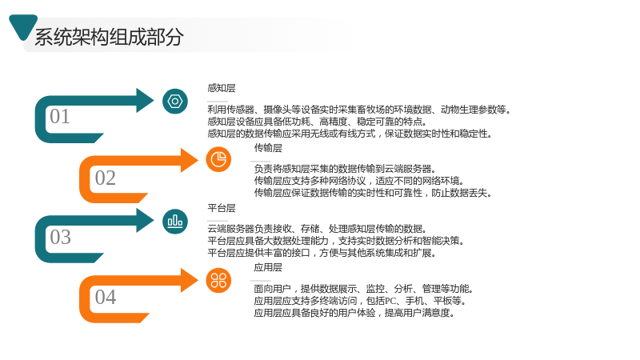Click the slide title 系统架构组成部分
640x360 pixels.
click(109, 37)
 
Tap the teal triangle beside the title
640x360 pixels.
click(23, 26)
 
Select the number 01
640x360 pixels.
click(60, 116)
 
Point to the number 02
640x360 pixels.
click(106, 178)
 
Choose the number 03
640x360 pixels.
click(61, 237)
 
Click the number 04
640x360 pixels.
click(106, 297)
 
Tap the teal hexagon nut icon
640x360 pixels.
click(175, 102)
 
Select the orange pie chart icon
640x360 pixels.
click(218, 159)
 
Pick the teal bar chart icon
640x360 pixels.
click(175, 222)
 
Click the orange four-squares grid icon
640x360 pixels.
click(218, 281)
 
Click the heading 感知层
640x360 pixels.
click(222, 88)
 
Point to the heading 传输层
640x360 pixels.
click(268, 148)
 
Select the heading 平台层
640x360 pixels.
click(222, 208)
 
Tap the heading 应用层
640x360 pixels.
click(268, 267)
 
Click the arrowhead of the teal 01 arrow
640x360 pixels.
click(145, 100)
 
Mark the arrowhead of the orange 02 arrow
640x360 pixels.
click(189, 160)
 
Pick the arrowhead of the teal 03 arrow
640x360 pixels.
click(145, 221)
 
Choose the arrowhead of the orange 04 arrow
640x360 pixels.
click(189, 280)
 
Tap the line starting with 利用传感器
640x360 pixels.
click(358, 110)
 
